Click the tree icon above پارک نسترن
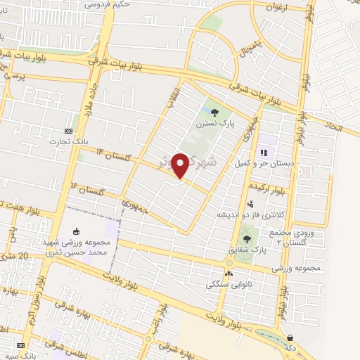[214, 111]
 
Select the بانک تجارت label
[65, 141]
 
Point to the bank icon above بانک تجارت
[68, 131]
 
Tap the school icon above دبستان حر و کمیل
[264, 151]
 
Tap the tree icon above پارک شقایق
[245, 238]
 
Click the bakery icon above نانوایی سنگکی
[228, 273]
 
